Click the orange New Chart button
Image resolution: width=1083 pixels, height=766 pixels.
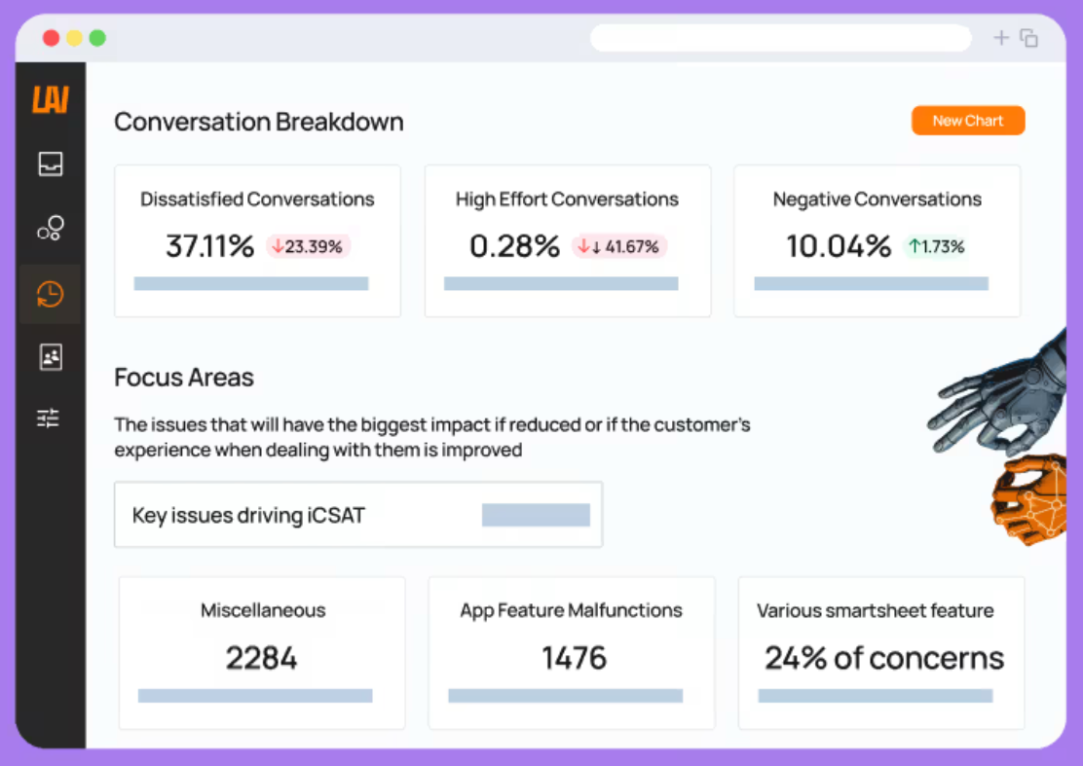968,121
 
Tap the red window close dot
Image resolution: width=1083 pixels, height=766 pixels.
51,38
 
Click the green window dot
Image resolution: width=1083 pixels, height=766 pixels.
97,38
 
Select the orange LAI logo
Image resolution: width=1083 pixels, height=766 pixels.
51,99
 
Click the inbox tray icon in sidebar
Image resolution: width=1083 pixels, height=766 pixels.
51,164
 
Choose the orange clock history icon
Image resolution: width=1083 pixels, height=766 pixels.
51,294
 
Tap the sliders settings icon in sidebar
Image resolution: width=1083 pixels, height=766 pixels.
49,418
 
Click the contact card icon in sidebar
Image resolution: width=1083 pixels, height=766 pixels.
51,357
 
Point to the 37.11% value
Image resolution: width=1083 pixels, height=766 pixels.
210,245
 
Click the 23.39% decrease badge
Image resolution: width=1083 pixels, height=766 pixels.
308,246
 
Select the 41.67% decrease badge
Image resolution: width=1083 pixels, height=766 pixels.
618,246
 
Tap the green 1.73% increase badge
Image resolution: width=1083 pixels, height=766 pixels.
937,246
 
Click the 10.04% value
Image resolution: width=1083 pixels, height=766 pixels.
839,245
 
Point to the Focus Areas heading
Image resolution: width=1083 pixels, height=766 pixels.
184,378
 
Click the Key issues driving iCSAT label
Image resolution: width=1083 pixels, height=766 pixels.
248,516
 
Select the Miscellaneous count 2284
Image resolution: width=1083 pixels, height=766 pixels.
261,658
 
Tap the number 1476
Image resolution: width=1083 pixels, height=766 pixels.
574,658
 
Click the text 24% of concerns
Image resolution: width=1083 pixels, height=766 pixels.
884,658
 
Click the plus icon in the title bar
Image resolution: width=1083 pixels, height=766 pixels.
1001,38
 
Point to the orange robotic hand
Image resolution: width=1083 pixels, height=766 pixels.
1029,498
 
